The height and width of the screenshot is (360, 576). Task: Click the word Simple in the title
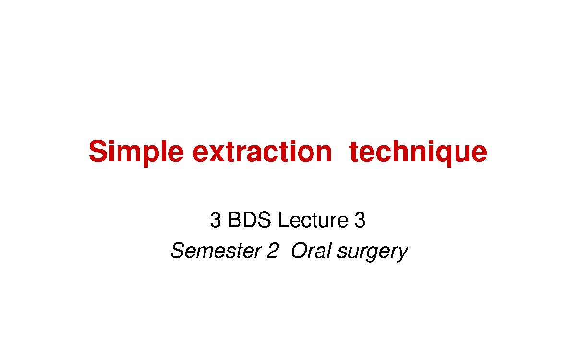point(136,152)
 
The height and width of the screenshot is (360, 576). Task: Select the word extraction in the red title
point(262,152)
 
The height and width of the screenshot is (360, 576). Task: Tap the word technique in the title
point(418,152)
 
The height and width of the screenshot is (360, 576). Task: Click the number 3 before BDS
point(215,220)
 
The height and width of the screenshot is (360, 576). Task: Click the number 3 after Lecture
point(360,220)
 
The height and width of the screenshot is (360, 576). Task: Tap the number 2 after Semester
point(272,251)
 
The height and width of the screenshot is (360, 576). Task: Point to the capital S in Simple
point(97,152)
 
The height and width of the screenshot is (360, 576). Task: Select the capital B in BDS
point(234,220)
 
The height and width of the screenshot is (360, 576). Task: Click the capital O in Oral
point(300,251)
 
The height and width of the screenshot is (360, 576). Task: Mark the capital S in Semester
point(178,251)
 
